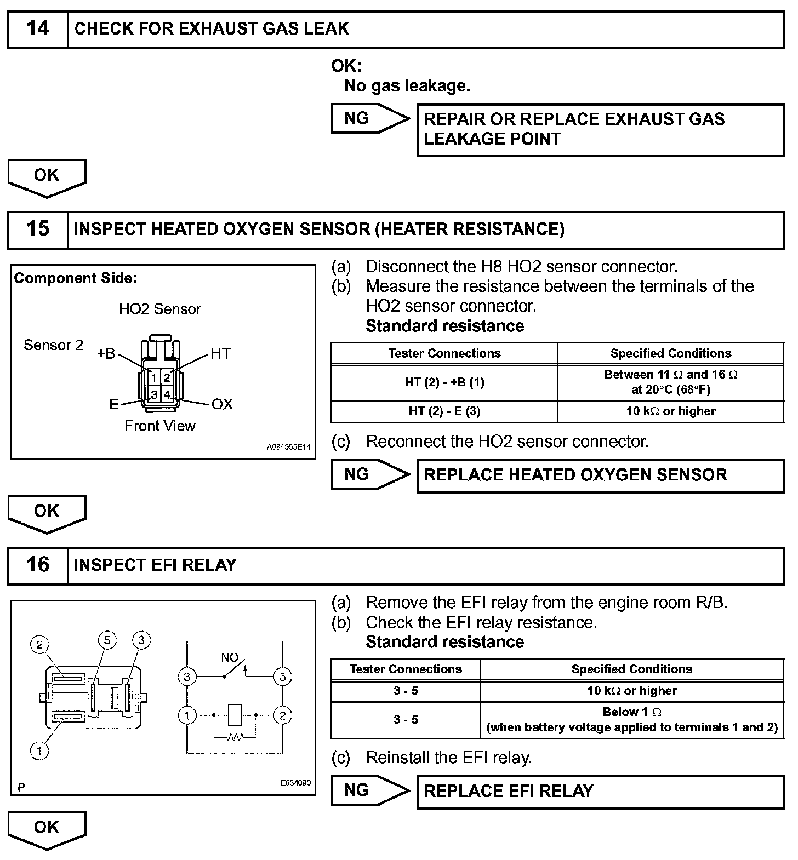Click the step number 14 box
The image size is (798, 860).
[x=37, y=30]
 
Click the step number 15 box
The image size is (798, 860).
[x=37, y=230]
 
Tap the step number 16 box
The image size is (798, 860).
[x=37, y=565]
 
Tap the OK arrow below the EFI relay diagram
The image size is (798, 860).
[x=47, y=829]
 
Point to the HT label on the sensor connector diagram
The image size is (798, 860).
[x=220, y=354]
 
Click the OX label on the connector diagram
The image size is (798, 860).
[x=222, y=404]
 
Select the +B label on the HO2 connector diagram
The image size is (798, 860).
[x=106, y=354]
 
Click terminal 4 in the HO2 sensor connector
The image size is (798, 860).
[x=167, y=394]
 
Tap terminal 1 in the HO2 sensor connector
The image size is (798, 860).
[x=155, y=377]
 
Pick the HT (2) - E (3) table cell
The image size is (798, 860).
[x=444, y=411]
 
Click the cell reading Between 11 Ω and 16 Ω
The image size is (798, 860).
[x=670, y=382]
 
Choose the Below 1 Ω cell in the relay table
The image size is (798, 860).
[x=631, y=719]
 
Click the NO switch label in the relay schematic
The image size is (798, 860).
[x=230, y=657]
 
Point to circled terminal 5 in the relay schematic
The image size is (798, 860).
[x=282, y=676]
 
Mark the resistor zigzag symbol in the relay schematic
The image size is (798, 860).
[x=235, y=737]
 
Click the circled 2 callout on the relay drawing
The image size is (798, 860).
[x=39, y=645]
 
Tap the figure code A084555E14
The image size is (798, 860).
[x=288, y=447]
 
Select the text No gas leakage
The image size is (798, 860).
[x=407, y=86]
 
